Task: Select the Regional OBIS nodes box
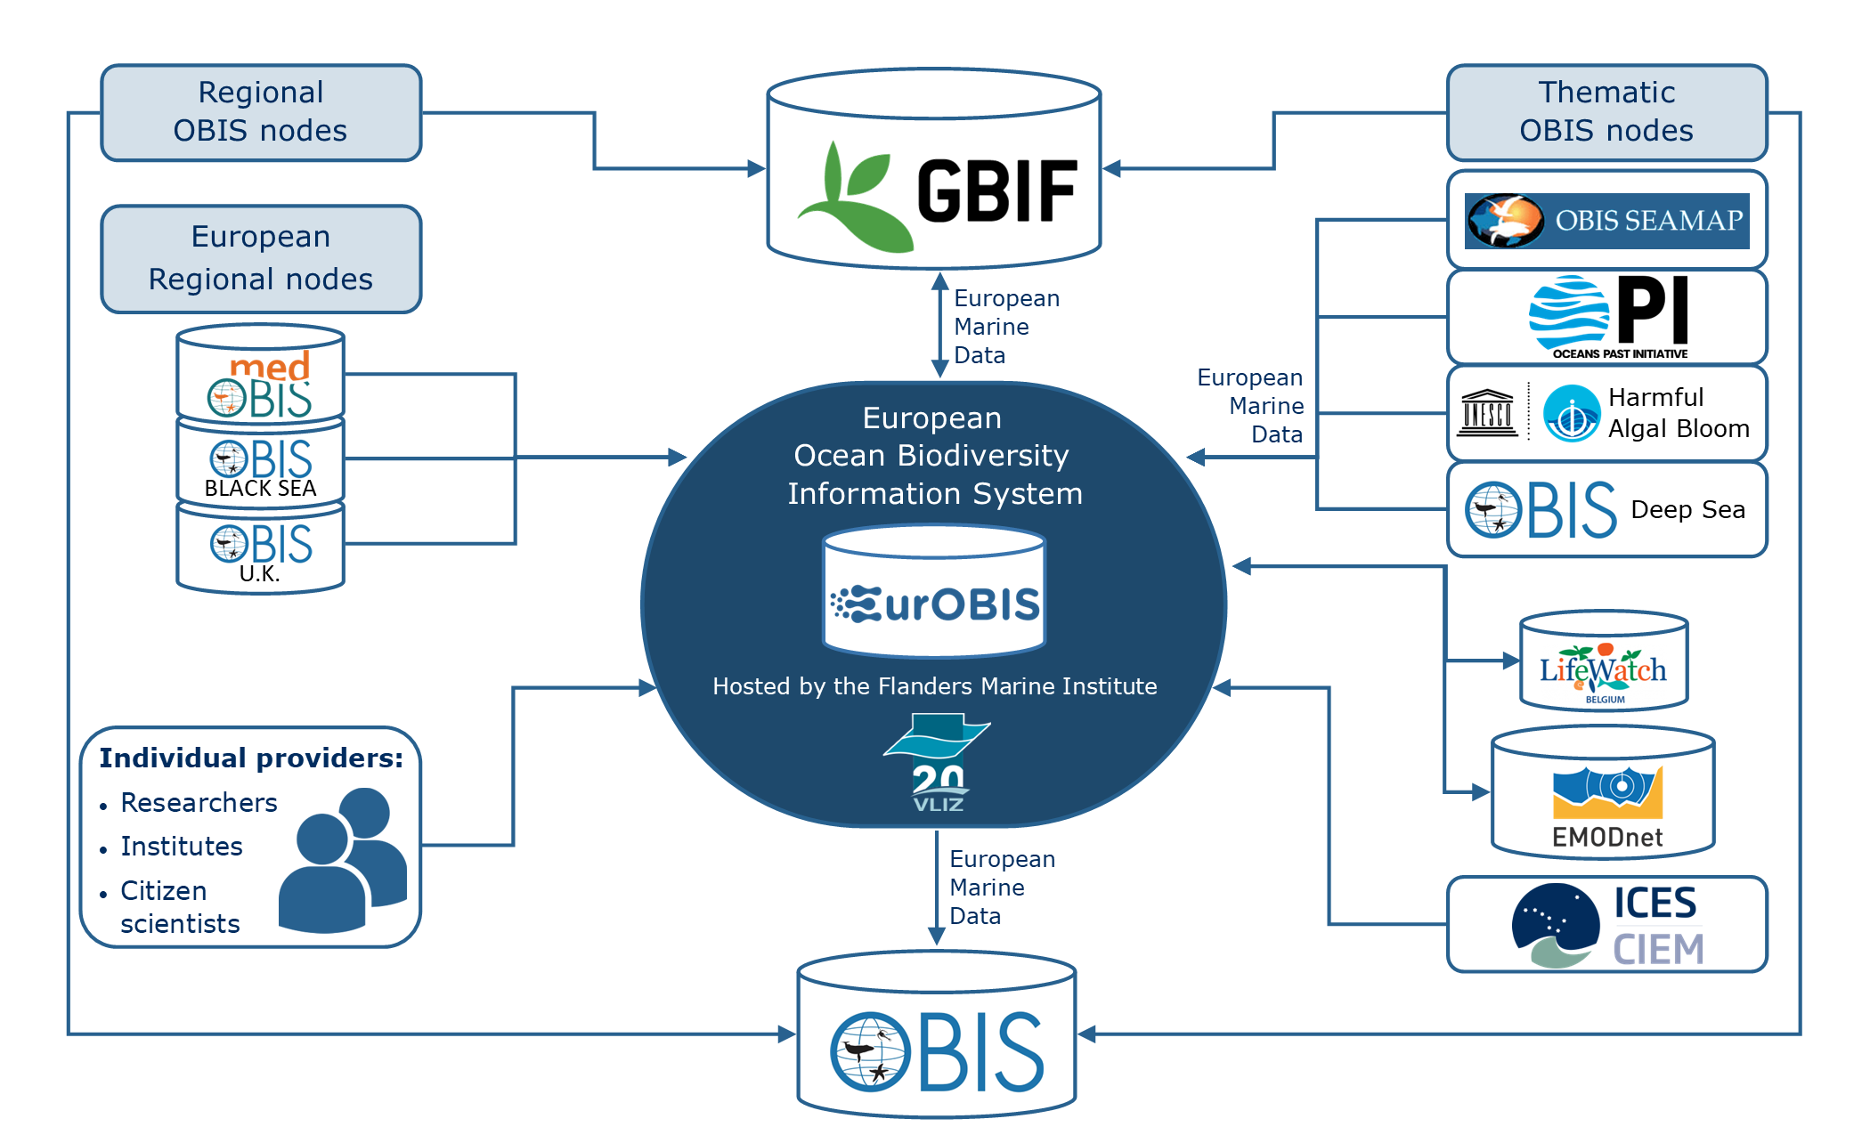[261, 112]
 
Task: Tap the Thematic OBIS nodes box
[1606, 112]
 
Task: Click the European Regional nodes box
[261, 258]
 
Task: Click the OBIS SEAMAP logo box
[1606, 220]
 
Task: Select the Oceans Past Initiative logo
[1608, 317]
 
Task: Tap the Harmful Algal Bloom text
[1678, 413]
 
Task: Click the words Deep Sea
[1687, 509]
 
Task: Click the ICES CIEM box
[1606, 924]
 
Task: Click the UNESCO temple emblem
[1487, 413]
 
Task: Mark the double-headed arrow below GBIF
[939, 326]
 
